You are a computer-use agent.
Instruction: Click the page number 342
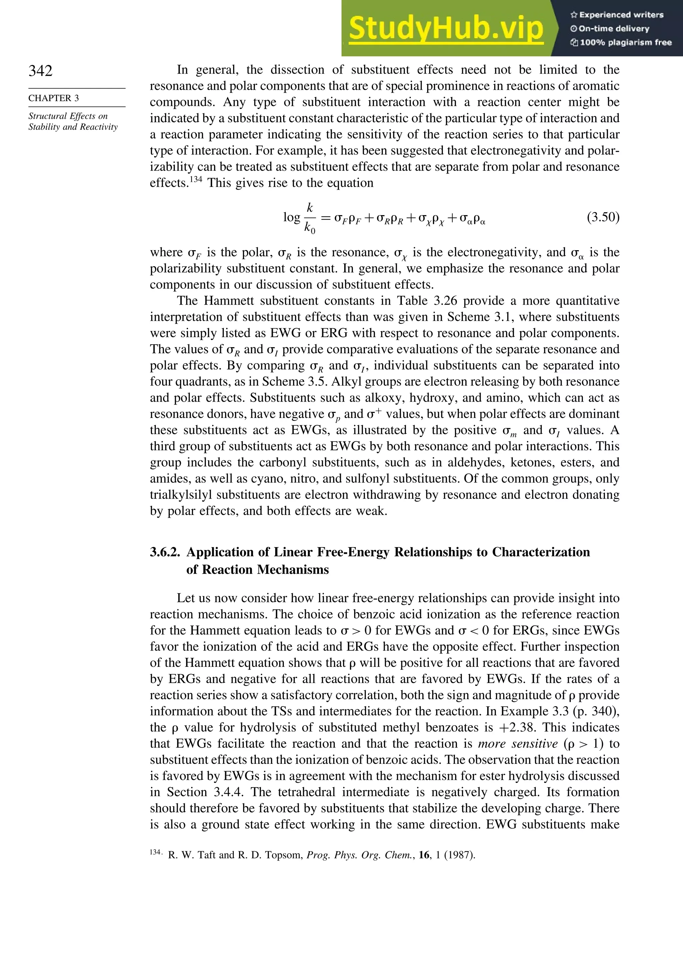pyautogui.click(x=40, y=71)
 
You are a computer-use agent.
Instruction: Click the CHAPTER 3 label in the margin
pyautogui.click(x=54, y=98)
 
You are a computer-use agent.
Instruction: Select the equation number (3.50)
pyautogui.click(x=603, y=217)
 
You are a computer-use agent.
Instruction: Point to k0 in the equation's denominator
pyautogui.click(x=310, y=227)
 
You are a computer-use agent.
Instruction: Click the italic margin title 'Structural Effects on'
pyautogui.click(x=68, y=116)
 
